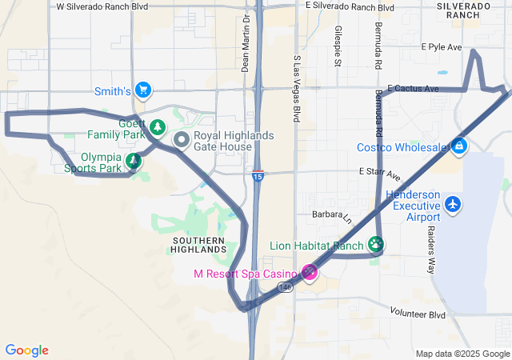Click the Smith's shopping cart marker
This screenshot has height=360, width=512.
click(x=143, y=90)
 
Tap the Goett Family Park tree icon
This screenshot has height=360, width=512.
click(x=158, y=127)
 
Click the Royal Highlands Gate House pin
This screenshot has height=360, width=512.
click(x=182, y=142)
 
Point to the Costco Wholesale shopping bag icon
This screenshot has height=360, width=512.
click(x=459, y=146)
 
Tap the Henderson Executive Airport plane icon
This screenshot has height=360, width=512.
click(x=454, y=204)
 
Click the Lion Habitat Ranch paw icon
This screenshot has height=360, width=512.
click(x=376, y=245)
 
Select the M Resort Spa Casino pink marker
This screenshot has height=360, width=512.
click(x=310, y=273)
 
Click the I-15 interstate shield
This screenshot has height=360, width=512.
click(x=257, y=175)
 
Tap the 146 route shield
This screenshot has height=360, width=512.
click(x=286, y=286)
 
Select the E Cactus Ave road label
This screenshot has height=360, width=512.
click(x=413, y=88)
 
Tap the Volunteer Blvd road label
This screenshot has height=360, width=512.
click(x=417, y=314)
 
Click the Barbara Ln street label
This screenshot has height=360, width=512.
click(x=331, y=216)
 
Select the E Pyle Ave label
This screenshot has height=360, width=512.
click(x=442, y=47)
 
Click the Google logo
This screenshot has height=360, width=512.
click(x=27, y=350)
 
